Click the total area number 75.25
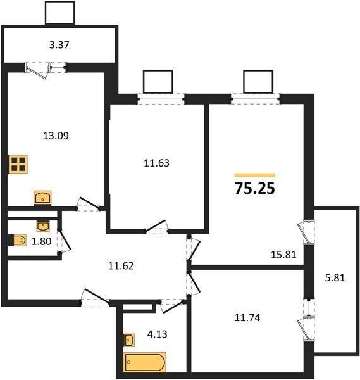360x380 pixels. pos(255,188)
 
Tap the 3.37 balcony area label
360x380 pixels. pos(59,45)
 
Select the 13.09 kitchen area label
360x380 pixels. pos(56,136)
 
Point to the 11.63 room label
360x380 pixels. pos(157,163)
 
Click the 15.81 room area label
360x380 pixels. pos(283,255)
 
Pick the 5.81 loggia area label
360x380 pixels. pos(335,277)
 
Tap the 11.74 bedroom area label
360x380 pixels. pos(247,317)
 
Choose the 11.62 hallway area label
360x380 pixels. pos(121,266)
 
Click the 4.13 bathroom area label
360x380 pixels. pos(158,334)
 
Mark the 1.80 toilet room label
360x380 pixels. pos(41,241)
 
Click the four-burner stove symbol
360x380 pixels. pos(18,164)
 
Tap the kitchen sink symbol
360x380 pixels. pos(42,198)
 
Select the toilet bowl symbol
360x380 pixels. pos(17,240)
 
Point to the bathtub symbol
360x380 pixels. pos(144,362)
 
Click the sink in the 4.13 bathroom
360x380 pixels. pos(129,340)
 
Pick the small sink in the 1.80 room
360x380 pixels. pos(43,226)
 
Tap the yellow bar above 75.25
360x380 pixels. pos(255,175)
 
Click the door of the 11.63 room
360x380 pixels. pos(156,226)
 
